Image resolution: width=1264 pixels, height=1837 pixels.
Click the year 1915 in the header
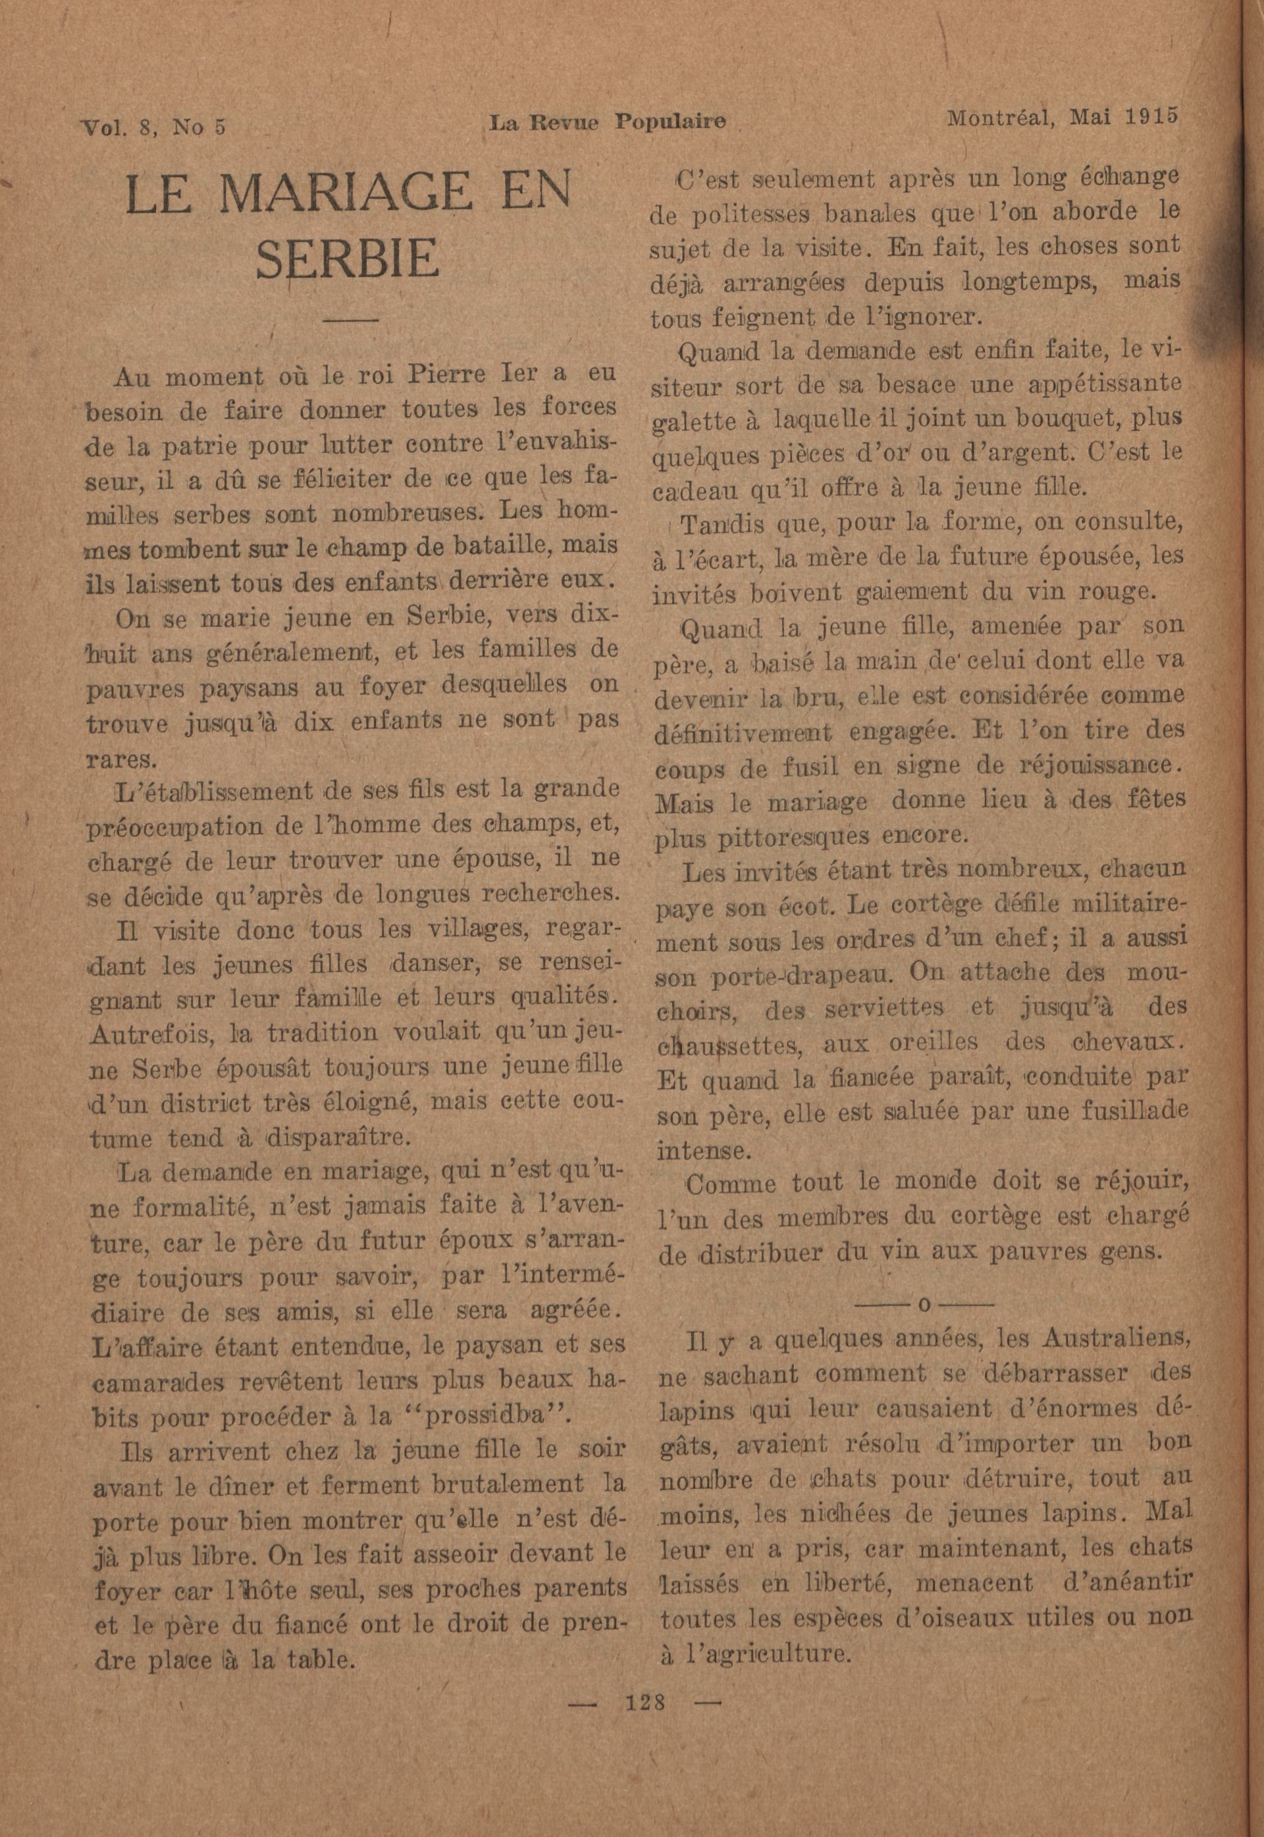[1150, 118]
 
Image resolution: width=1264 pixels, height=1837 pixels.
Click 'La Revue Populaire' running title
[607, 122]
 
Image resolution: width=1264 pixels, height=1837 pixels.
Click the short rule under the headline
[352, 320]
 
